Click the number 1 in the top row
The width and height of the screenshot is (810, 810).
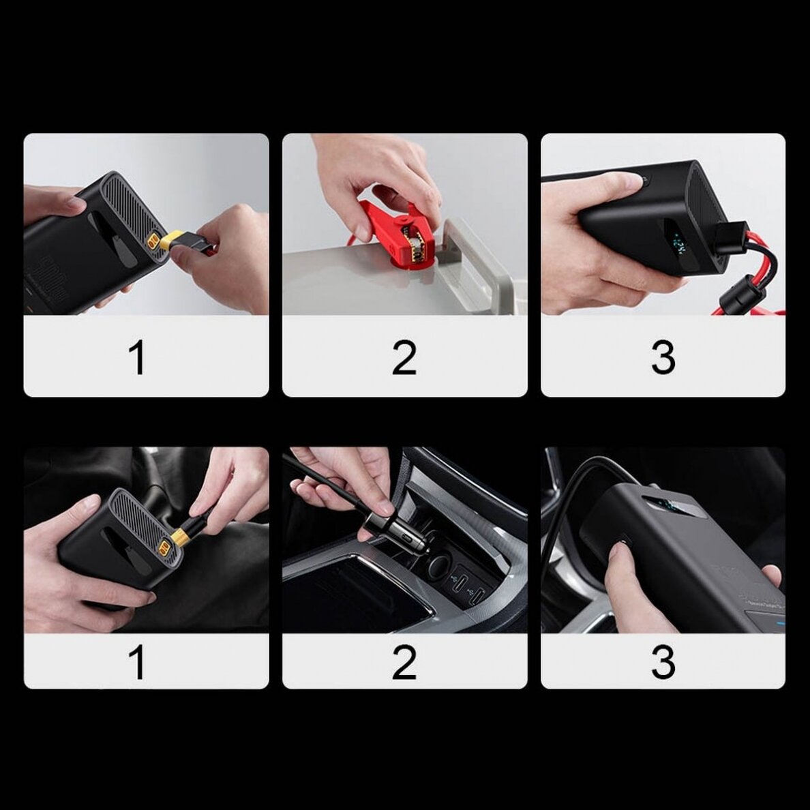(x=138, y=358)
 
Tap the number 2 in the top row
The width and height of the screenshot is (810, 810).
(x=404, y=358)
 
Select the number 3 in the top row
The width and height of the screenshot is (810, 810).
(x=663, y=358)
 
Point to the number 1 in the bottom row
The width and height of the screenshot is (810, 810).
(x=138, y=662)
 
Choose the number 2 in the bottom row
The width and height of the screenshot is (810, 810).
(x=404, y=662)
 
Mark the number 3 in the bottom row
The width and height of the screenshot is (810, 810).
(x=663, y=662)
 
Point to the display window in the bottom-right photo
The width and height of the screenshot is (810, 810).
(x=672, y=508)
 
